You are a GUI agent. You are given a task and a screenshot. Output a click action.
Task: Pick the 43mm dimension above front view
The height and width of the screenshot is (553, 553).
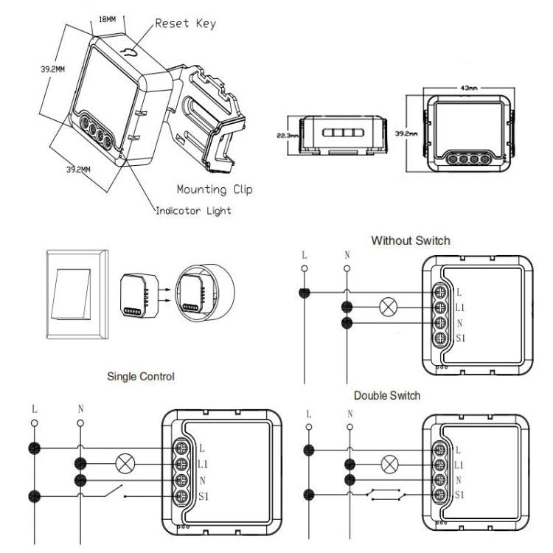[467, 88]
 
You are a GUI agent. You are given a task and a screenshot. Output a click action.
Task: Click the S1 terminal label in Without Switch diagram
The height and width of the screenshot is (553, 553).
[461, 338]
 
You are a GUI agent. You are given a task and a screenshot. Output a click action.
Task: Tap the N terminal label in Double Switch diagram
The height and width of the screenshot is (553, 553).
[459, 480]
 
